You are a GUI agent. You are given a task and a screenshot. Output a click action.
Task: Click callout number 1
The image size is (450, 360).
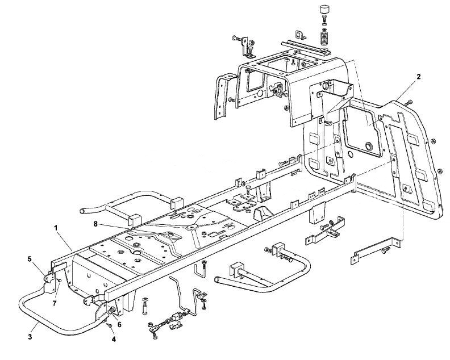click(x=56, y=228)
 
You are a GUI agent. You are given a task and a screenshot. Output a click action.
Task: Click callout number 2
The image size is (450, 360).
click(x=419, y=77)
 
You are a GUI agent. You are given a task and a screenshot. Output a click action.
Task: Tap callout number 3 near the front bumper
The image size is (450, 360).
click(x=30, y=337)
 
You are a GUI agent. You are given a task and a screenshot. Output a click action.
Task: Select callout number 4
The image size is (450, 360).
click(x=114, y=340)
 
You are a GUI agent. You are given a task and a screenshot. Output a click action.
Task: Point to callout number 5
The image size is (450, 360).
click(x=30, y=259)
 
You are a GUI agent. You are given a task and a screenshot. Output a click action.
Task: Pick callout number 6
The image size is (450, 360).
click(x=119, y=324)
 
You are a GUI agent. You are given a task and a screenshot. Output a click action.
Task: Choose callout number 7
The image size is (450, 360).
click(x=54, y=303)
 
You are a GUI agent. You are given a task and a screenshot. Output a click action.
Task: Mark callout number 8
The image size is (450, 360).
click(x=95, y=224)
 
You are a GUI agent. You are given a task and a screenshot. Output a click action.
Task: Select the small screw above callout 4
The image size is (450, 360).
click(x=109, y=325)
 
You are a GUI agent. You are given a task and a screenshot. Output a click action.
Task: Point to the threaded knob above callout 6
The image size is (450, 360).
click(x=112, y=311)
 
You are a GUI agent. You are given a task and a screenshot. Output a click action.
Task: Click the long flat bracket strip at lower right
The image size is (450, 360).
click(x=376, y=250)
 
